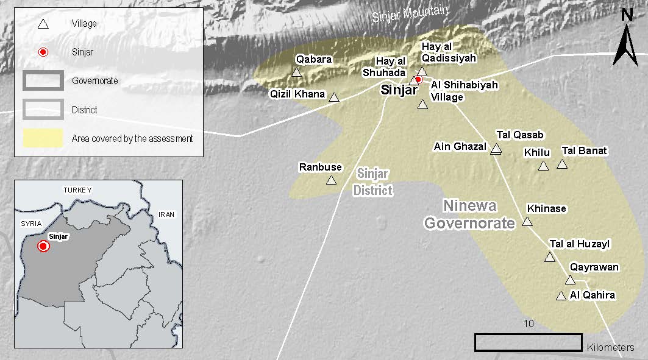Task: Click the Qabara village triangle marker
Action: (296, 72)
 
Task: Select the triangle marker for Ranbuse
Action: (331, 180)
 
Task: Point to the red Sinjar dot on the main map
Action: (419, 79)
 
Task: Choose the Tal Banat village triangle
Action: (562, 164)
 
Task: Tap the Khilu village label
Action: (537, 153)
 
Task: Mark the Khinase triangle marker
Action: (527, 221)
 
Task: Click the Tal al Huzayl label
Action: (580, 244)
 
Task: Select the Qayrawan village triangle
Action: (570, 280)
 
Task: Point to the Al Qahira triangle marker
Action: (561, 296)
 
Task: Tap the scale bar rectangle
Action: (528, 342)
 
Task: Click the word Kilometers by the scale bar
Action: (611, 348)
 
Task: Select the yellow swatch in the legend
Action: (43, 138)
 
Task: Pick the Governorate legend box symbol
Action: (43, 80)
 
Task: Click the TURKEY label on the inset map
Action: (77, 190)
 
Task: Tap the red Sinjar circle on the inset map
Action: (43, 246)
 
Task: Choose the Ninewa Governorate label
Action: (470, 214)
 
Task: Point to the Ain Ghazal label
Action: (460, 146)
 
